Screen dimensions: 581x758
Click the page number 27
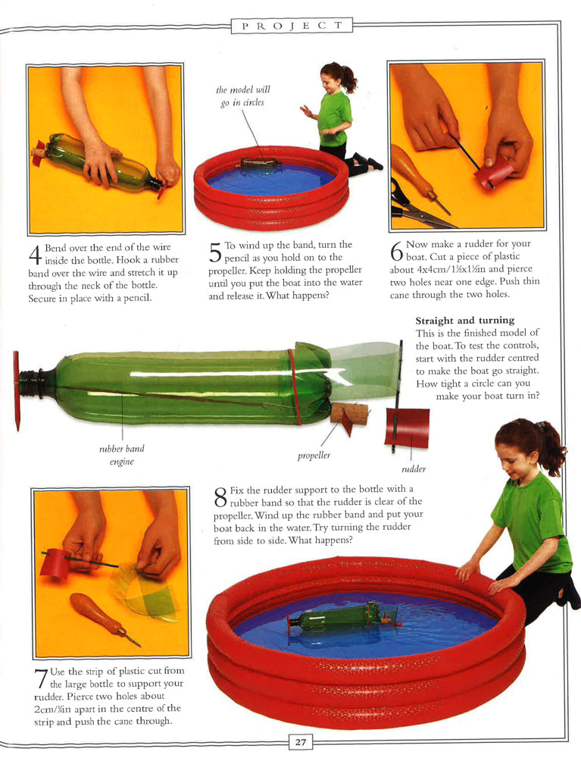(x=301, y=742)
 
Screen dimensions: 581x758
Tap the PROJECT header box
(x=292, y=26)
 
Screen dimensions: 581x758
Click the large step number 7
(x=41, y=679)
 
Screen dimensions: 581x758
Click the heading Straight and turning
(x=465, y=321)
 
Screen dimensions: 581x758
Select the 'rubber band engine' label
(x=122, y=455)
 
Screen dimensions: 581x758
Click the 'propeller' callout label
(x=314, y=456)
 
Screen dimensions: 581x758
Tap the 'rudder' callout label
(x=414, y=469)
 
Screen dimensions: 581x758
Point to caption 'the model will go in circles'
(x=243, y=96)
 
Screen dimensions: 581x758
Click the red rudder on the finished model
(x=407, y=428)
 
